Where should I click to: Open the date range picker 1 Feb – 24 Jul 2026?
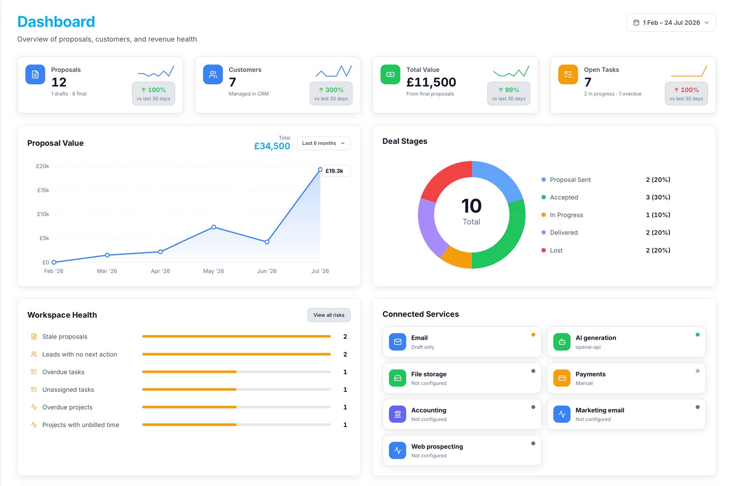(x=671, y=22)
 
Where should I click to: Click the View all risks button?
(x=329, y=315)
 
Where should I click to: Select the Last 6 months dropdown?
(x=323, y=143)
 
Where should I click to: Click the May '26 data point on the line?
(x=214, y=227)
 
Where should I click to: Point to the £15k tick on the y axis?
(x=43, y=190)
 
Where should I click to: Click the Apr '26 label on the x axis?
(x=160, y=271)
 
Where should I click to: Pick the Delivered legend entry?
(x=563, y=232)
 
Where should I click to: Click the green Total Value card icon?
(x=390, y=74)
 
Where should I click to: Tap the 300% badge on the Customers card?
(x=331, y=94)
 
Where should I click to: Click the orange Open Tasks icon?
(x=568, y=74)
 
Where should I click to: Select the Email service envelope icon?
(x=397, y=342)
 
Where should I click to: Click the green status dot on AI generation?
(x=697, y=335)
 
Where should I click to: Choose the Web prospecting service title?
(x=437, y=446)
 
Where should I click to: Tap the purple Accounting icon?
(x=397, y=414)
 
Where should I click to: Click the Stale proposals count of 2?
(x=345, y=336)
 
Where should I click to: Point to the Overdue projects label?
(x=67, y=407)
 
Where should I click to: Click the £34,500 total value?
(x=272, y=146)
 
